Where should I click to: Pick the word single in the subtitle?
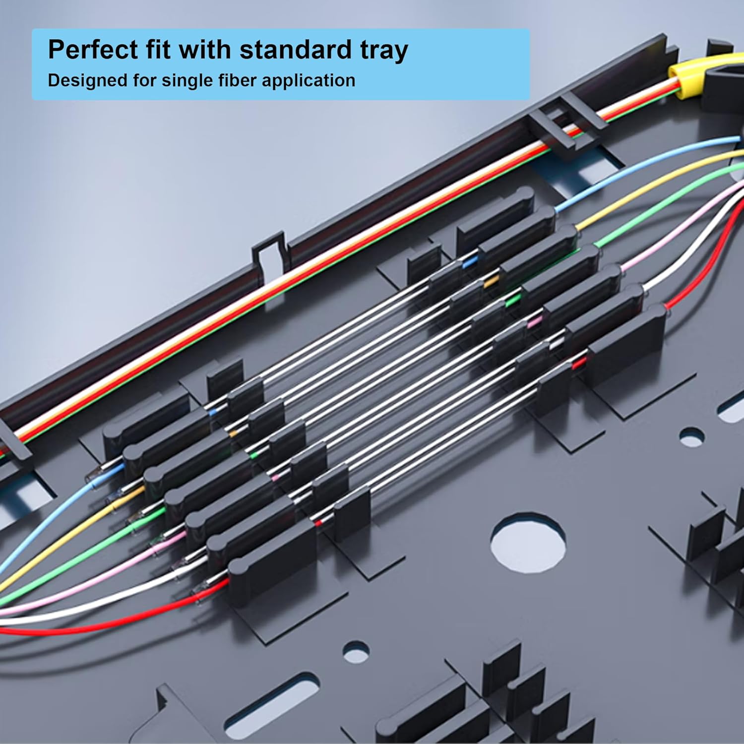click(x=185, y=81)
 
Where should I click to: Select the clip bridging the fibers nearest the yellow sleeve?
click(x=556, y=129)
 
